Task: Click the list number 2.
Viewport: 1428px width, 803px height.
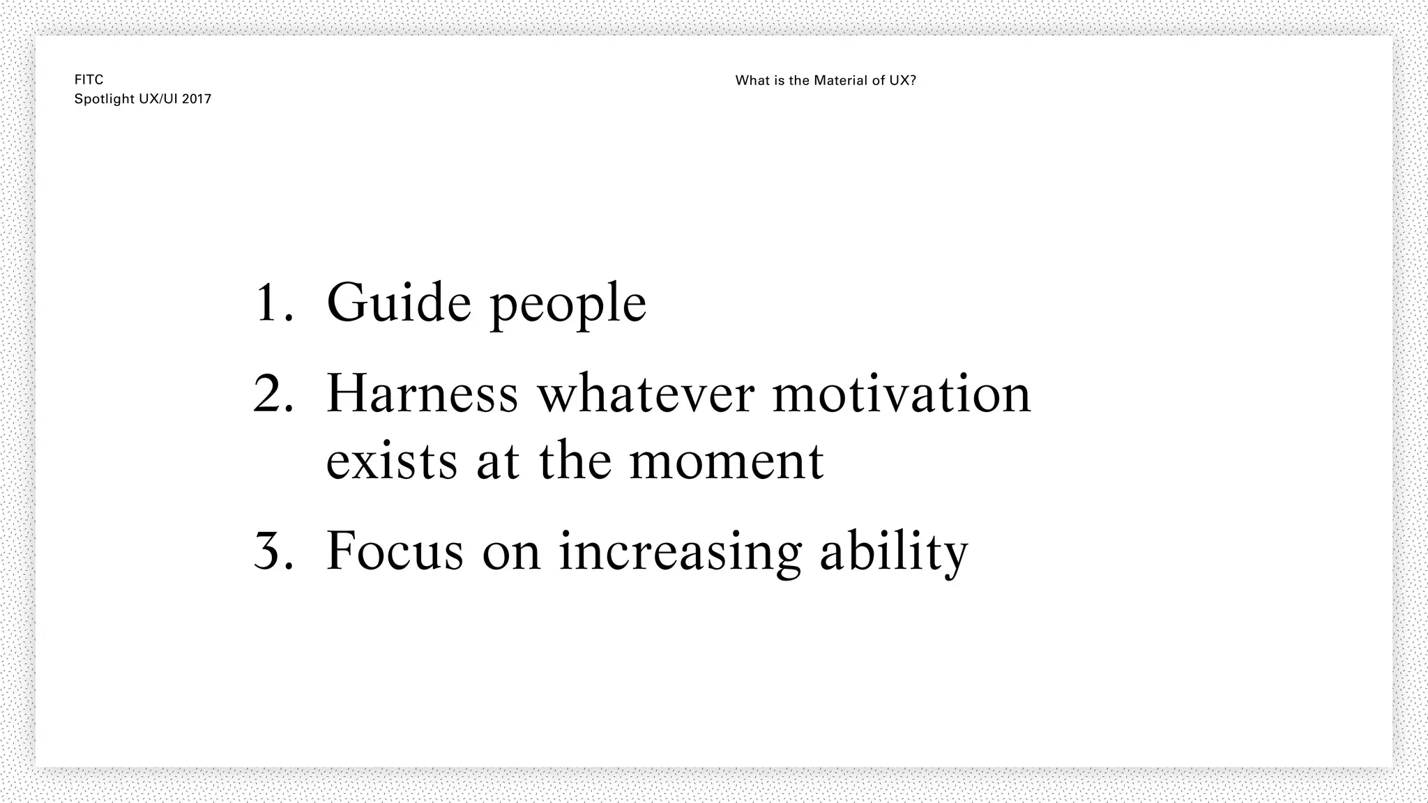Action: point(272,394)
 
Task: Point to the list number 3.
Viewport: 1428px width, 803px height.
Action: point(272,551)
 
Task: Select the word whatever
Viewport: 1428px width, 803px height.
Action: point(646,394)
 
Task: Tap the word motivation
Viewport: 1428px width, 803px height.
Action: point(902,394)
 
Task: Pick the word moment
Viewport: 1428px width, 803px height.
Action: point(727,461)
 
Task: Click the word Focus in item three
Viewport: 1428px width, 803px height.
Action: point(395,551)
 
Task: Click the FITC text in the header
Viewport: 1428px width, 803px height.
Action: point(89,80)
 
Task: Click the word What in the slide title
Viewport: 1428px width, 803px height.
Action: point(750,81)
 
